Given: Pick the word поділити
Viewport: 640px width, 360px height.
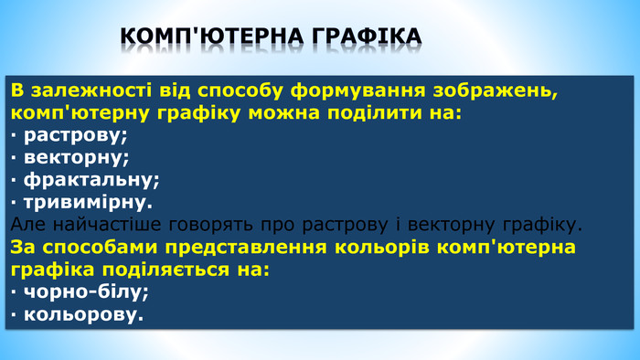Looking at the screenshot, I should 378,114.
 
